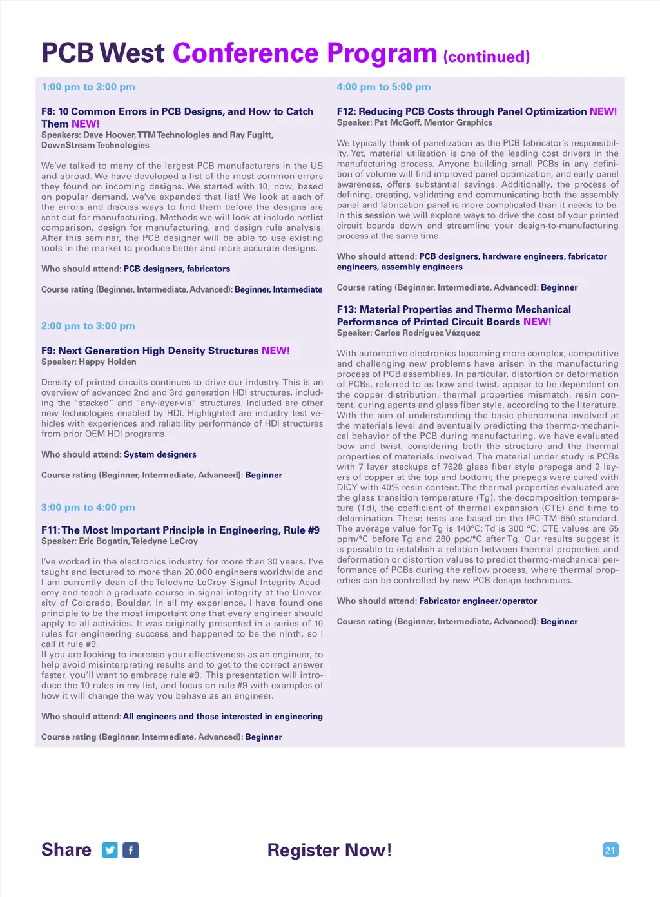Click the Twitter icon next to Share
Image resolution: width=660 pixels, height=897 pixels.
[110, 850]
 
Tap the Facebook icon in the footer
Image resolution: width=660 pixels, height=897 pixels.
[131, 850]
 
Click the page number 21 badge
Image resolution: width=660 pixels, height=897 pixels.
[610, 850]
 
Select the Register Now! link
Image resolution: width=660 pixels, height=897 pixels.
[329, 850]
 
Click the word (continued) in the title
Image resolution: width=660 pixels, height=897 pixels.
[487, 57]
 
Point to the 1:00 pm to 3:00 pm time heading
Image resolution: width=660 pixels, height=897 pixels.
[88, 87]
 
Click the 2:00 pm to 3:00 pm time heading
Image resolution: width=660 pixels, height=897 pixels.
[88, 326]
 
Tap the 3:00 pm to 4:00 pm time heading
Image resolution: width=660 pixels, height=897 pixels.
[88, 508]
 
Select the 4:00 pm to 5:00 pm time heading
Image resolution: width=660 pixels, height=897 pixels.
[383, 87]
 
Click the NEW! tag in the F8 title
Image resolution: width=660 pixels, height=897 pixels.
[86, 124]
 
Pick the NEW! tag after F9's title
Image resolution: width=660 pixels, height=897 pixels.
[276, 351]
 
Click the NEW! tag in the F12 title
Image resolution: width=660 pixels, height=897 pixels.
[603, 111]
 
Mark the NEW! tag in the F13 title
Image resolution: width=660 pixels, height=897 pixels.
[538, 322]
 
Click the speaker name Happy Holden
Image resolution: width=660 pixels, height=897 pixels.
[108, 362]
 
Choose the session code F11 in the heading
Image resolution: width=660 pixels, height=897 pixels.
[50, 530]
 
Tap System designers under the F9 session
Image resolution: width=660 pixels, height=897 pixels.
[160, 454]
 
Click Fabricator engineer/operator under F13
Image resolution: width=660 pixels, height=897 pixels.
[478, 601]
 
